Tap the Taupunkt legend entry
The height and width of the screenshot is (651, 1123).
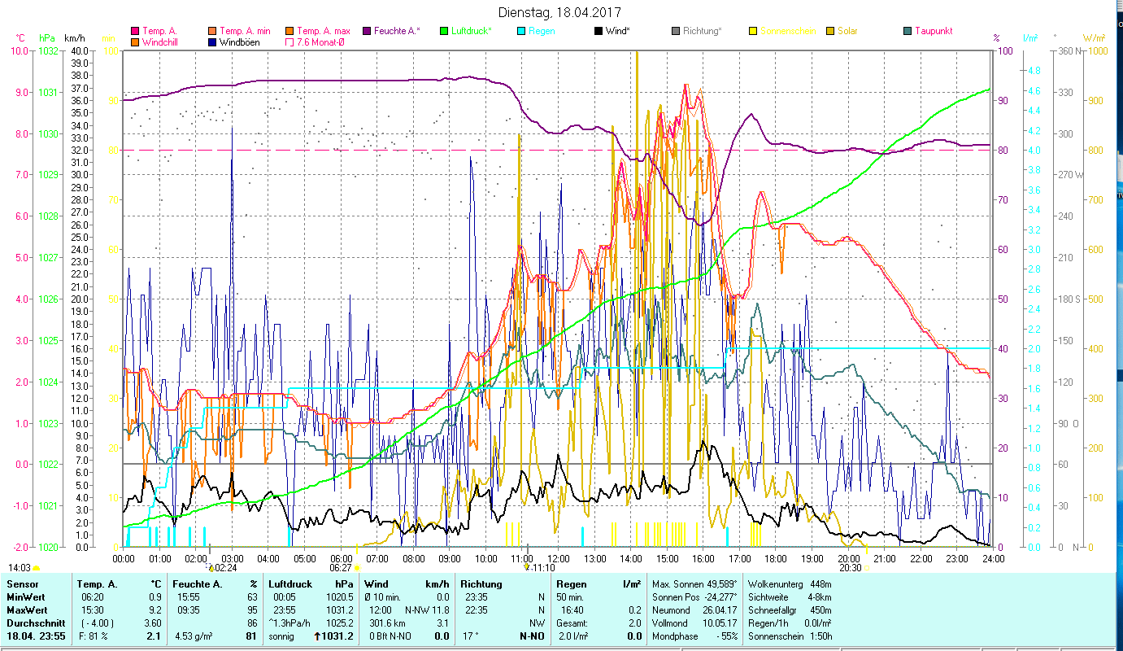coord(933,31)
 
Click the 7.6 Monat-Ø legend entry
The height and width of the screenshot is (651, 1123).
coord(320,42)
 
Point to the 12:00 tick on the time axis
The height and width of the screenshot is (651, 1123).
coord(559,559)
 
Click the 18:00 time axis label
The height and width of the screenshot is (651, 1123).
coord(776,559)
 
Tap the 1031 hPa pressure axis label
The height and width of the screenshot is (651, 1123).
coord(48,92)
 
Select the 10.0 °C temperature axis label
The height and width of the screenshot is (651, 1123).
coord(19,50)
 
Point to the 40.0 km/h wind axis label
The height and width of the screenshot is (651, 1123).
coord(80,50)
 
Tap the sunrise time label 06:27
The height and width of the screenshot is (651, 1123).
coord(341,568)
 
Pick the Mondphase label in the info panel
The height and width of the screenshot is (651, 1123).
coord(675,636)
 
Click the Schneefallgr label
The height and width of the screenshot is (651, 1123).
coord(773,610)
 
